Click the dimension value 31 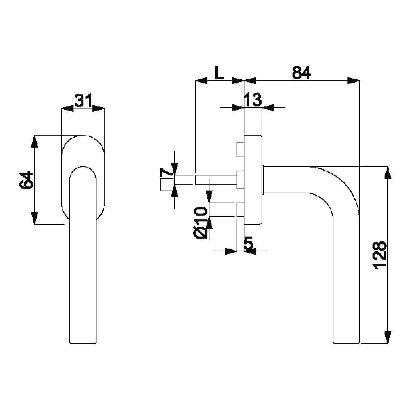click(83, 100)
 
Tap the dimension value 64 click(26, 180)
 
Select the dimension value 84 click(301, 72)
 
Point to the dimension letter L click(219, 72)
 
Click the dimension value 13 click(253, 100)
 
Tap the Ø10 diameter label click(200, 223)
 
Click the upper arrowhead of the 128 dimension click(388, 173)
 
